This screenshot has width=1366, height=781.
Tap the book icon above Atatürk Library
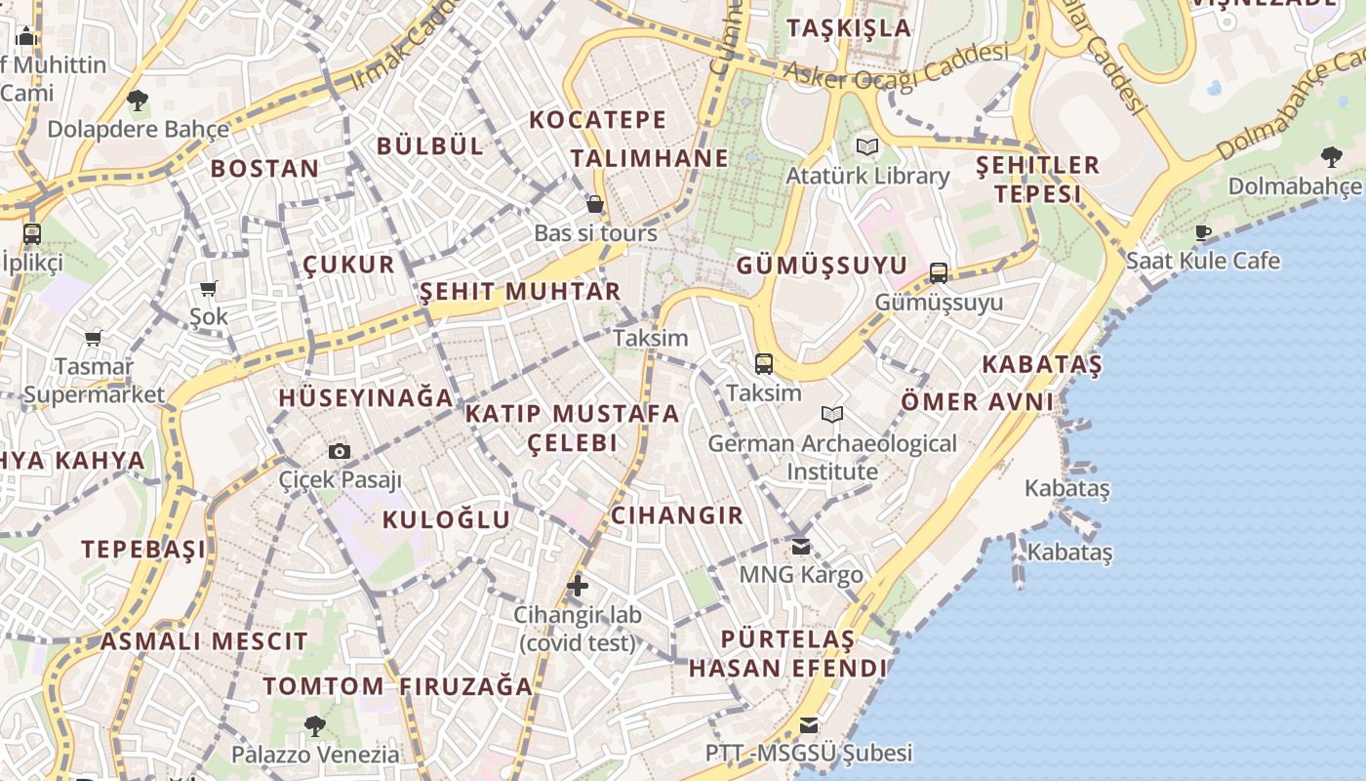coord(867,147)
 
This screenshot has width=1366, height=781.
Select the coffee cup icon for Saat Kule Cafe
coord(1203,232)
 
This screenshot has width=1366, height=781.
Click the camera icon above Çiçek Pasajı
coord(340,451)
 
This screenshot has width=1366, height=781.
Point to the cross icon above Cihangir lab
coord(578,586)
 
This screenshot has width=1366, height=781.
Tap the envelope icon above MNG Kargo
coord(801,547)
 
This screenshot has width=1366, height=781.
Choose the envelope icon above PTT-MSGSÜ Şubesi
coord(809,725)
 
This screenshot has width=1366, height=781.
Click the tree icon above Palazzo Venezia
coord(314,725)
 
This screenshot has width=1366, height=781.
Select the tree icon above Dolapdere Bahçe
coord(138,100)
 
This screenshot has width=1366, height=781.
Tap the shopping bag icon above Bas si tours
coord(595,205)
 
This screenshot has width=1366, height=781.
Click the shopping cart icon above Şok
coord(208,288)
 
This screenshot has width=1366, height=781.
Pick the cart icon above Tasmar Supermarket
coord(94,339)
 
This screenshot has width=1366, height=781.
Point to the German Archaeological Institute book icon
coord(832,415)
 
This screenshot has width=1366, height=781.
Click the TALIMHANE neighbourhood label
coord(650,158)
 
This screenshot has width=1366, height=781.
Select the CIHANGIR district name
coord(677,515)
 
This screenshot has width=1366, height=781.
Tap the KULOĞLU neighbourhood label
coord(446,519)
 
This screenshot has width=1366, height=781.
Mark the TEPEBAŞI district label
coord(143,549)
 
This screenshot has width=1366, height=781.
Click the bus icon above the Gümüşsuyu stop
coord(939,273)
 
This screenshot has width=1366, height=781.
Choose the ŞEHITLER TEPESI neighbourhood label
coord(1038,179)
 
